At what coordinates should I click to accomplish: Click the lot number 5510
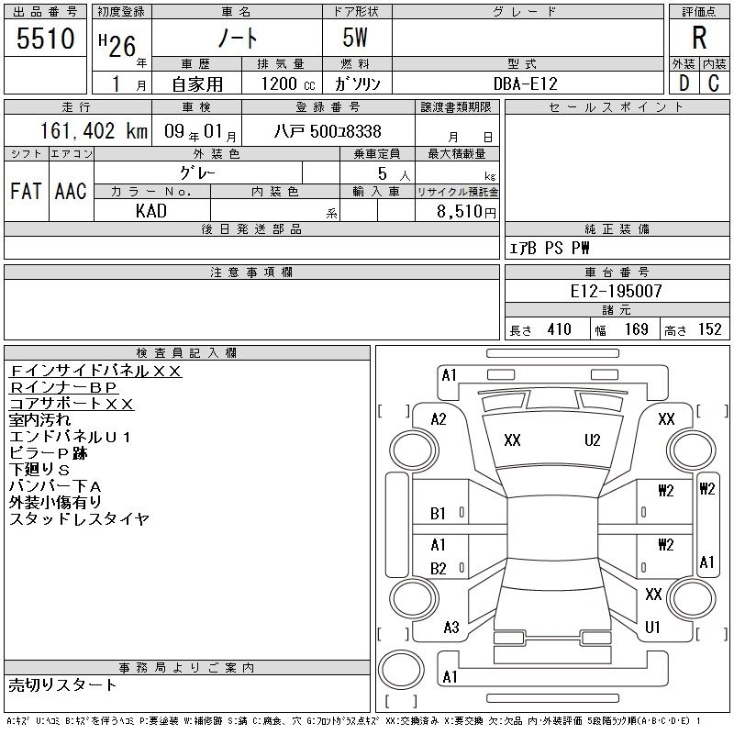click(46, 40)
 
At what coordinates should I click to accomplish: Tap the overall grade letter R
click(699, 39)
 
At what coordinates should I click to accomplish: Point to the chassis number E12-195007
click(617, 291)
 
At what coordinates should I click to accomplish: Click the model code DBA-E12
click(526, 83)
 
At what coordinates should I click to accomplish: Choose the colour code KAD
click(151, 210)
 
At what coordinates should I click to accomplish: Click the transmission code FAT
click(26, 191)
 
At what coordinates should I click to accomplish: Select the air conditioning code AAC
click(70, 191)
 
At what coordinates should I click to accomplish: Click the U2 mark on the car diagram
click(593, 440)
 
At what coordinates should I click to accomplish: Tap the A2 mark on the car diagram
click(439, 419)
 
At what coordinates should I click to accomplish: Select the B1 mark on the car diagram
click(439, 514)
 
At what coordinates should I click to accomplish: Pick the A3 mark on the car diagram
click(450, 628)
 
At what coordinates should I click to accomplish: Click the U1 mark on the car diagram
click(653, 628)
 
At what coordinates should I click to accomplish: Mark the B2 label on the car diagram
click(439, 569)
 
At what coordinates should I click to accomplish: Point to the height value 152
click(709, 329)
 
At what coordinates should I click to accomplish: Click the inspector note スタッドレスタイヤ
click(79, 519)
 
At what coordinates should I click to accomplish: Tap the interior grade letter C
click(713, 83)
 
